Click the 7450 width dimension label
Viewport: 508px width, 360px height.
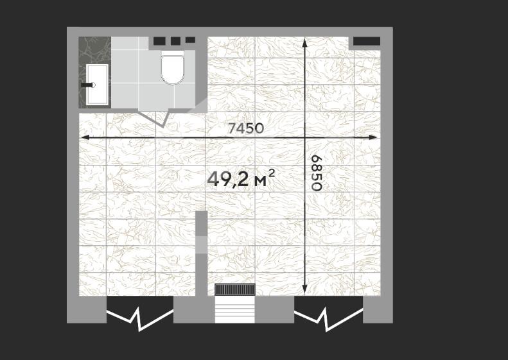pos(245,128)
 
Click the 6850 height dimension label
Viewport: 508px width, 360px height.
pos(316,173)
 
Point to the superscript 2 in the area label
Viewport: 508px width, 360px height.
pos(272,173)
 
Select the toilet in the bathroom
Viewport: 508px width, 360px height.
pos(173,68)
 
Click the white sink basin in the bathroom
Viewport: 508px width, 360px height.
pos(97,84)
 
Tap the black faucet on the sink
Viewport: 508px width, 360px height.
pos(88,85)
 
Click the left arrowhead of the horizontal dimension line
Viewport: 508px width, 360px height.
pos(85,137)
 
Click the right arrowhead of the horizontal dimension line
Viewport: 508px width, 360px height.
pos(373,137)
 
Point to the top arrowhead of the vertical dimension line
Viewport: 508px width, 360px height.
pos(304,42)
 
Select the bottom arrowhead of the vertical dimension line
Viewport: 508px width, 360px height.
pos(304,290)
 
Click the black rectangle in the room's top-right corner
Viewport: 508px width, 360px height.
pos(367,41)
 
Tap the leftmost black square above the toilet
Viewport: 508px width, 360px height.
pos(159,41)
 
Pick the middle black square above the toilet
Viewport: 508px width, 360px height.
pos(175,41)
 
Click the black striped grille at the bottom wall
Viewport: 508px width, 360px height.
pos(235,289)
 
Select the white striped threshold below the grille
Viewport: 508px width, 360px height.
pos(235,309)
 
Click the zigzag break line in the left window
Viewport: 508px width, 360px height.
pos(140,318)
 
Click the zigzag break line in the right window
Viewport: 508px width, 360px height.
pos(328,319)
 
